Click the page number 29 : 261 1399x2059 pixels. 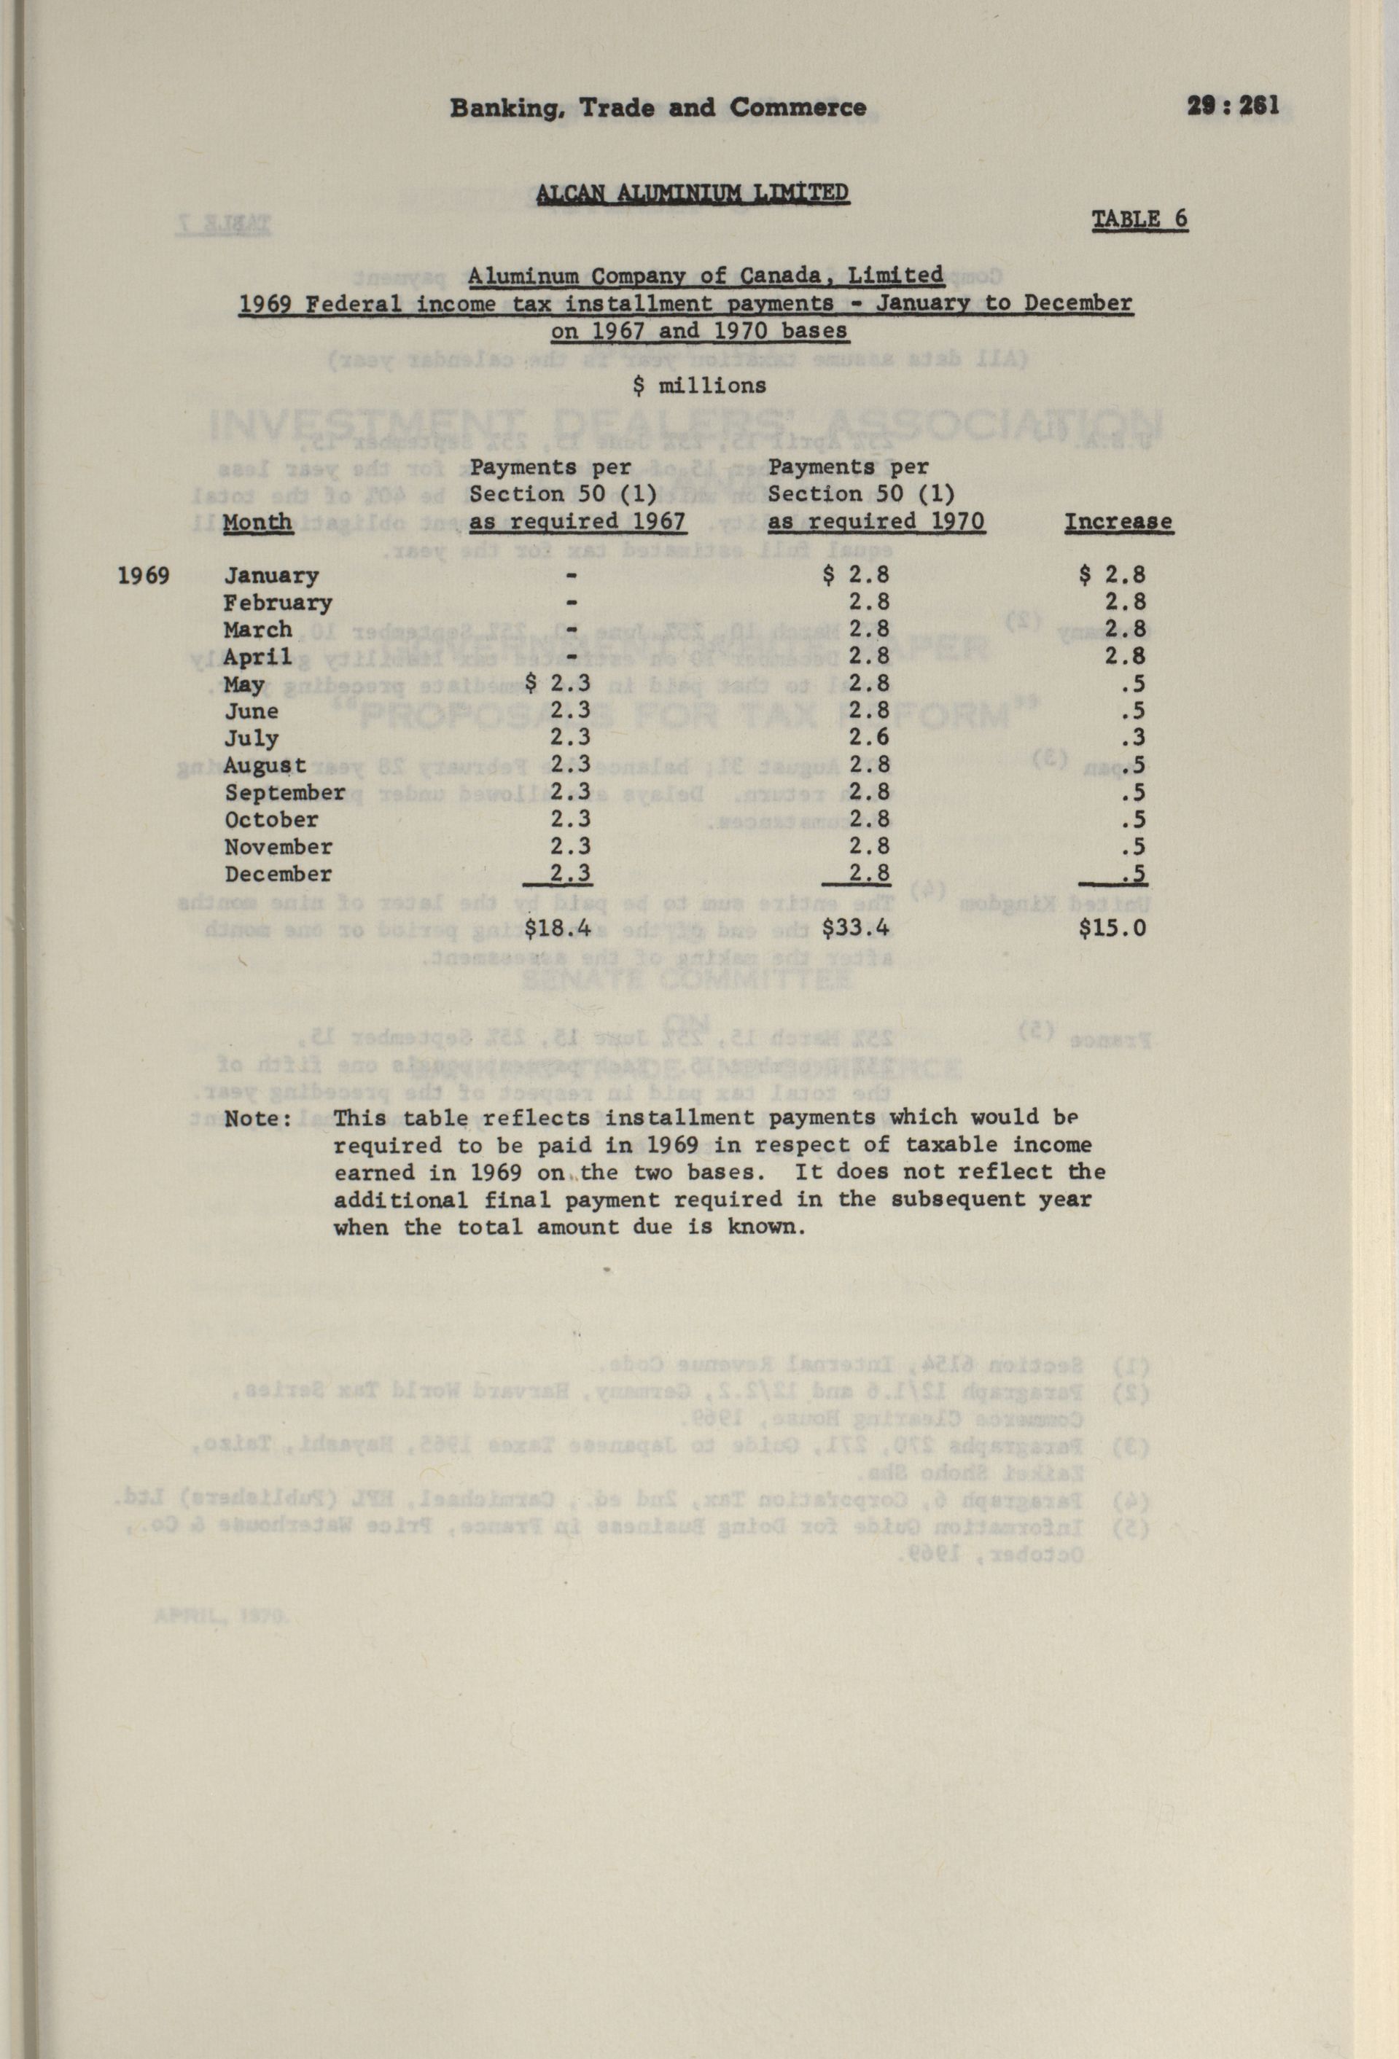tap(1233, 106)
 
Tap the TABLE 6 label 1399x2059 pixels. tap(1139, 219)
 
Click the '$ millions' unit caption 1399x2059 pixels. tap(700, 386)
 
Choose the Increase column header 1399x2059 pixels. tap(1118, 522)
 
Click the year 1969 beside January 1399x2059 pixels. tap(144, 576)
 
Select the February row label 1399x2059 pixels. tap(277, 603)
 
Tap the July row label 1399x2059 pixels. tap(252, 739)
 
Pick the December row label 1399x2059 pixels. tap(277, 875)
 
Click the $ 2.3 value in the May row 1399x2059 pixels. tap(557, 684)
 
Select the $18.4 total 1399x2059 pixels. tap(557, 929)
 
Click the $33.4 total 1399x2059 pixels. tap(856, 929)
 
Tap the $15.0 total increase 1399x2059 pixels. tap(1112, 929)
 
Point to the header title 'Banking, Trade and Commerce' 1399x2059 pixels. tap(658, 108)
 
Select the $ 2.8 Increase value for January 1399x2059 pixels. tap(1112, 576)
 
